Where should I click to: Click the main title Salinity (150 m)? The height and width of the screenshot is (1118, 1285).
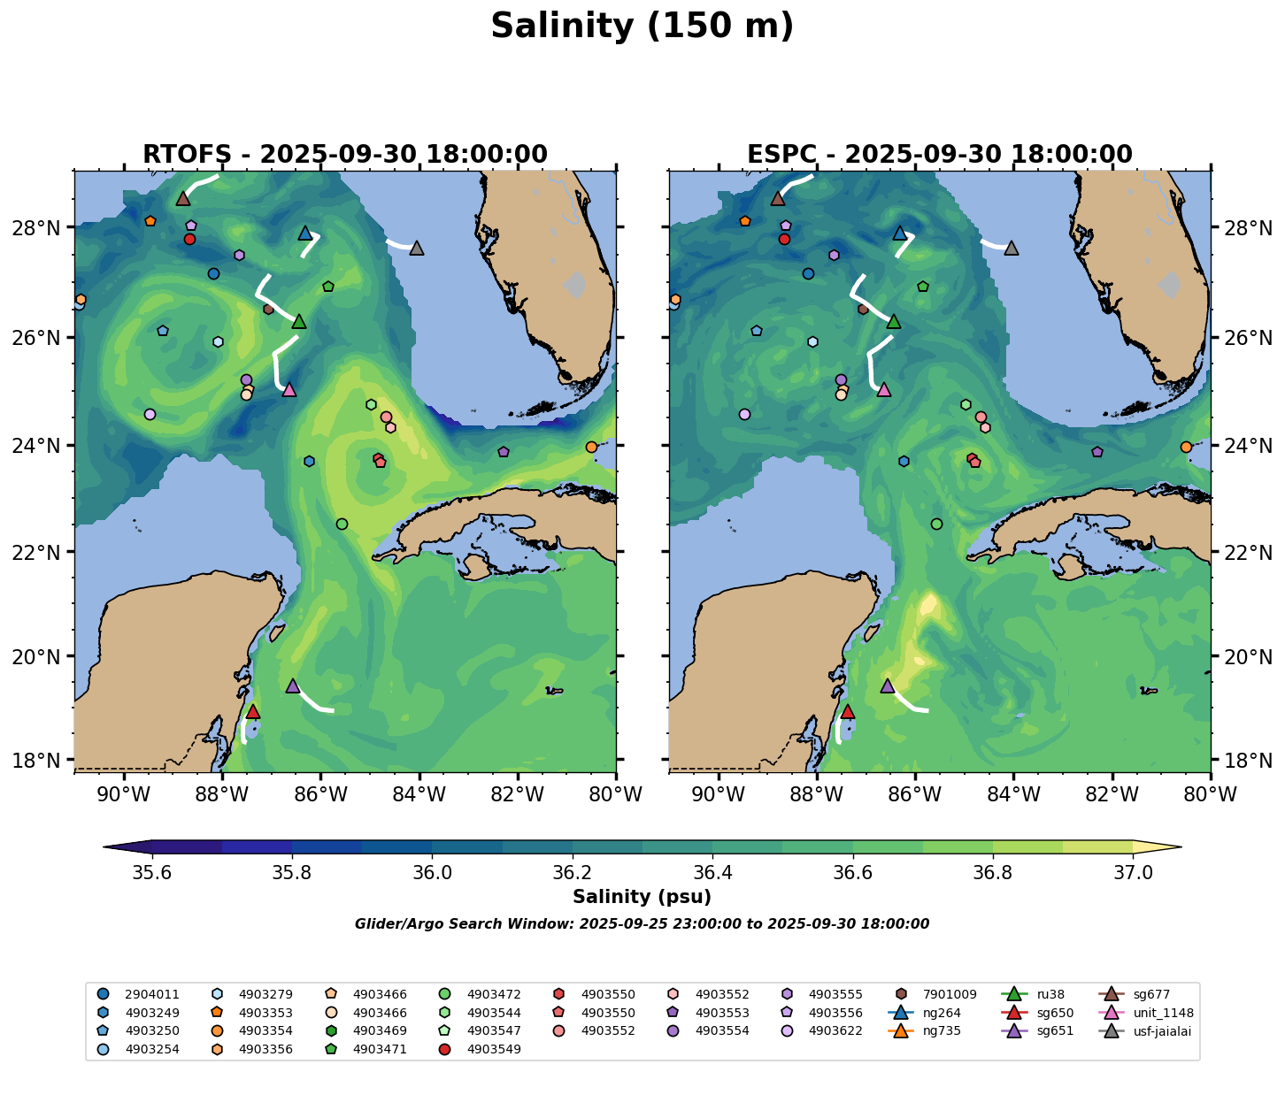pyautogui.click(x=642, y=27)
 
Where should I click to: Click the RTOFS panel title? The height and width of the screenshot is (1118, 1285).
pyautogui.click(x=345, y=155)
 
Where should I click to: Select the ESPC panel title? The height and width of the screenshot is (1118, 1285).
pyautogui.click(x=939, y=155)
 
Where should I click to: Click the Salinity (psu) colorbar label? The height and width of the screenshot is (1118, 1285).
pyautogui.click(x=642, y=897)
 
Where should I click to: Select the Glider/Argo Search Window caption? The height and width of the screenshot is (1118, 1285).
pyautogui.click(x=642, y=924)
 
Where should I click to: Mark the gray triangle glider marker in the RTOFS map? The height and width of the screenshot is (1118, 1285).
pyautogui.click(x=417, y=248)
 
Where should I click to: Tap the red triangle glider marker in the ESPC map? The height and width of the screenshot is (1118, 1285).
pyautogui.click(x=847, y=712)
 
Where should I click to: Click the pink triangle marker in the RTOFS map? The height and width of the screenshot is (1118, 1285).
pyautogui.click(x=289, y=389)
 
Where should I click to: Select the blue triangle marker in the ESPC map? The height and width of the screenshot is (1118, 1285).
pyautogui.click(x=900, y=234)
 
